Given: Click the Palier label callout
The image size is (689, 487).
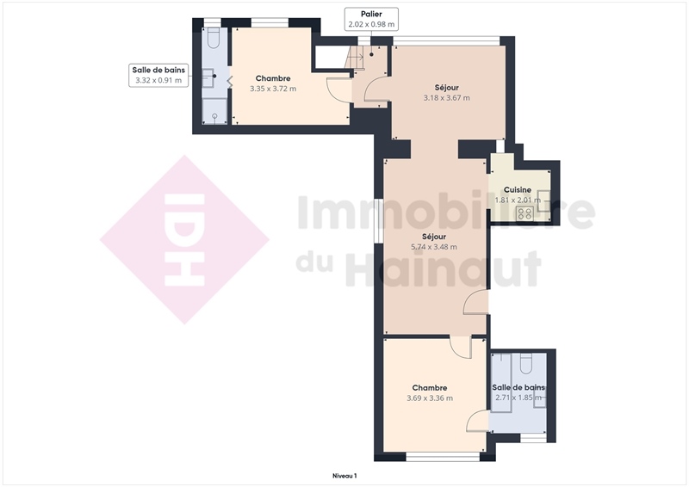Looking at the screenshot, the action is click(x=371, y=19).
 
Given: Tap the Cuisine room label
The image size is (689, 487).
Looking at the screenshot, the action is click(x=518, y=189).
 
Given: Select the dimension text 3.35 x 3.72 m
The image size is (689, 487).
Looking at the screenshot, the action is click(x=273, y=89).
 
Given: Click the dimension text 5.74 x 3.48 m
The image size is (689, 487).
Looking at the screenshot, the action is click(x=434, y=247).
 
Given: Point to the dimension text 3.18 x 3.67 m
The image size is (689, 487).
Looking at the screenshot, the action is click(x=446, y=98).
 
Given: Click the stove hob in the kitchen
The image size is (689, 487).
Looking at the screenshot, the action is click(x=525, y=213).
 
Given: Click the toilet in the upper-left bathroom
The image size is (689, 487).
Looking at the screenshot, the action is click(x=214, y=38).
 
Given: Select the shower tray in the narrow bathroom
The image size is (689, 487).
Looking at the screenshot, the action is click(x=214, y=111).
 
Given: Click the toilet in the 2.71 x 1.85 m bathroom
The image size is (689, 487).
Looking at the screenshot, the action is click(x=526, y=363).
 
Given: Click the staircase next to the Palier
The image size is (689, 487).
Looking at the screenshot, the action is click(x=355, y=58).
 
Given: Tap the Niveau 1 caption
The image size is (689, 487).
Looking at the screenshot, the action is click(x=344, y=476).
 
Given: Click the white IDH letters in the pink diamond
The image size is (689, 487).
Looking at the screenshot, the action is click(x=184, y=240).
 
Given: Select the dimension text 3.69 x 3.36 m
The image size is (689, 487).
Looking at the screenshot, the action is click(x=430, y=398).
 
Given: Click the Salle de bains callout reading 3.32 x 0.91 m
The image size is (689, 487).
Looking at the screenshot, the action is click(x=158, y=75).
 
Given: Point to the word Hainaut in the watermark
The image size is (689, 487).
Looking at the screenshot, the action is click(x=443, y=268).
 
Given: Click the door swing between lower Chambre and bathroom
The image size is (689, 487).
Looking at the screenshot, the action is click(x=476, y=420).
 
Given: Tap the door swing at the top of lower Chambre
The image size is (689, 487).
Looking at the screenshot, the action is click(x=460, y=347).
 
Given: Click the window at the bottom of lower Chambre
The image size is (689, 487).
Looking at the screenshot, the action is click(x=443, y=457).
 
